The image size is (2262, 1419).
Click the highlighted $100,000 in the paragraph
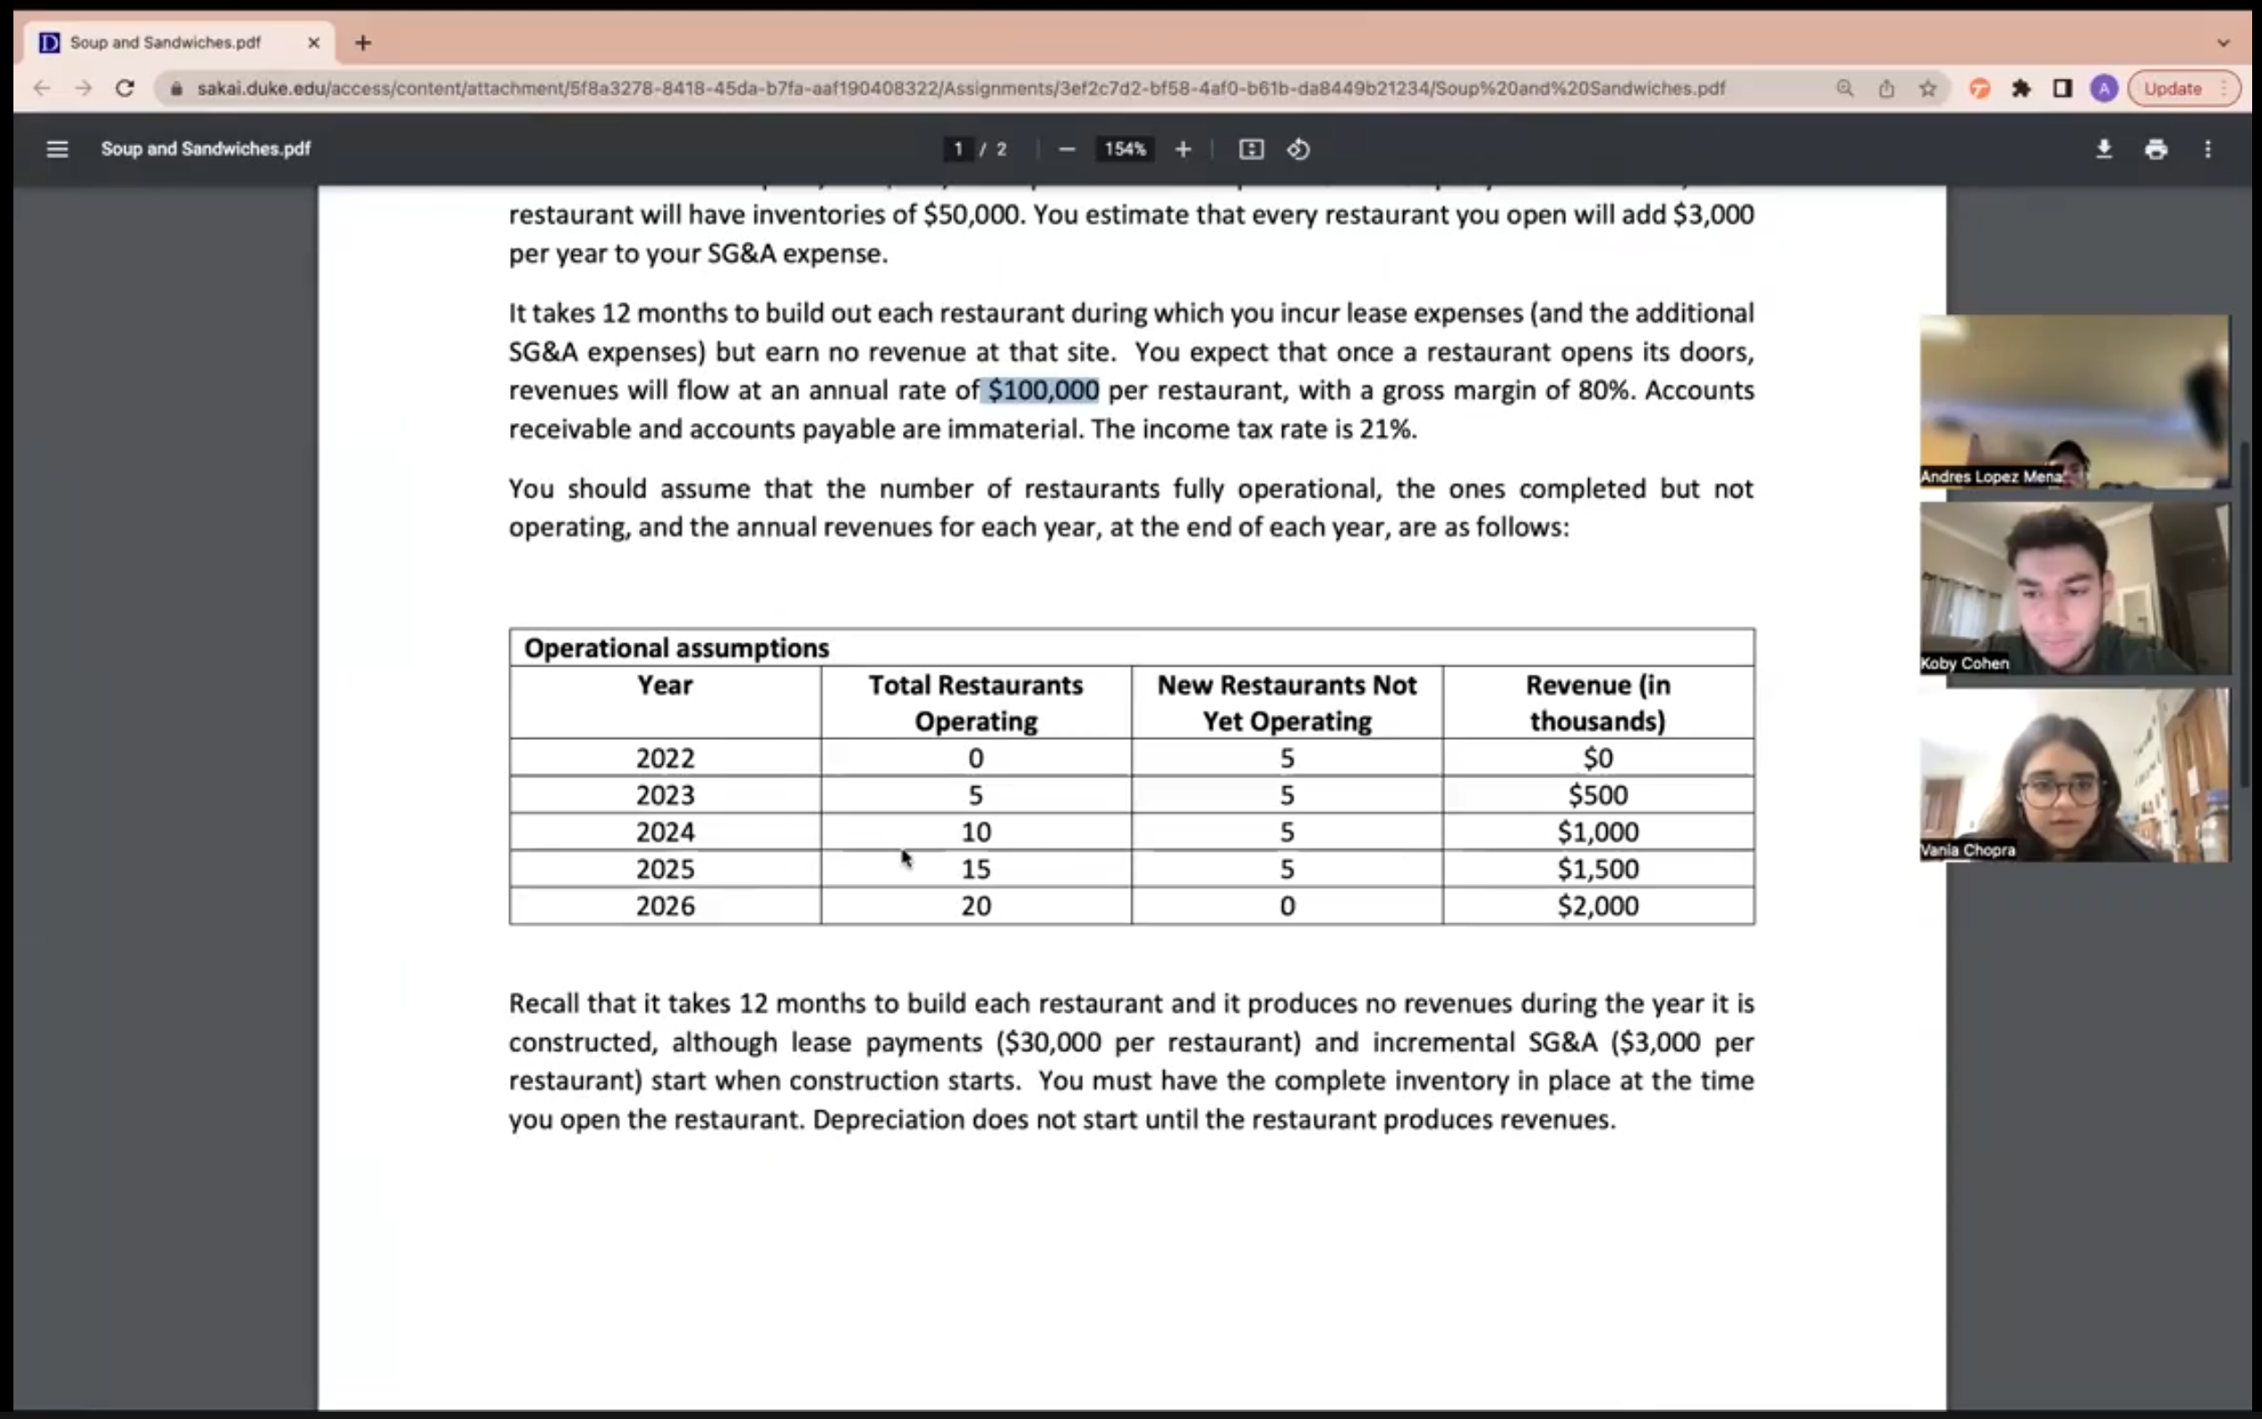click(x=1042, y=390)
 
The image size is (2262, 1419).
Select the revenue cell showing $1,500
click(x=1597, y=869)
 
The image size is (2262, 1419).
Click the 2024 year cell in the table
click(x=665, y=832)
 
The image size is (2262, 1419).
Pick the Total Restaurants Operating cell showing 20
click(x=975, y=905)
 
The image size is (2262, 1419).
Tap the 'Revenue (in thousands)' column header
click(x=1597, y=703)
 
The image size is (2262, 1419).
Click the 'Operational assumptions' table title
click(x=676, y=649)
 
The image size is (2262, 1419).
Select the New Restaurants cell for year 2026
click(x=1287, y=905)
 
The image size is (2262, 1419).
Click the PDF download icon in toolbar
click(x=2105, y=149)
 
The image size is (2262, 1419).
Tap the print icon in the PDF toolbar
click(x=2156, y=149)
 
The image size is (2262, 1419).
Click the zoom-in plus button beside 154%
click(x=1183, y=149)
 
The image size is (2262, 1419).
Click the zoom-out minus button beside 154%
click(x=1067, y=149)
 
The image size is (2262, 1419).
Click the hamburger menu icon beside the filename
click(x=57, y=149)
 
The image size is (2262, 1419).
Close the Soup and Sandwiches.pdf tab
click(x=313, y=43)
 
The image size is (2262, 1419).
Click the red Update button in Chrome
click(x=2173, y=89)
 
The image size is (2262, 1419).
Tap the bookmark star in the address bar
click(x=1928, y=89)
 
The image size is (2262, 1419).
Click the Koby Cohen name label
click(x=1964, y=664)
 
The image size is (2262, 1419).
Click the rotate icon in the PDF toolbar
click(x=1299, y=149)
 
